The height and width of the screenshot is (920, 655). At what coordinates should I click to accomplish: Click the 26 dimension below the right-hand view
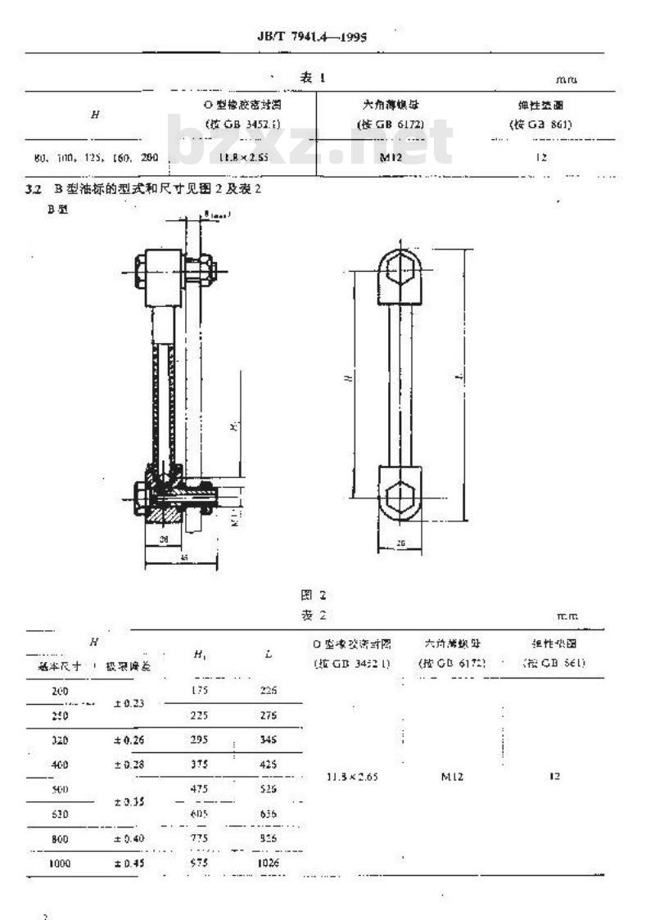[400, 543]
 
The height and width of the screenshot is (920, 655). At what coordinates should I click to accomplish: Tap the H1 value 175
[200, 690]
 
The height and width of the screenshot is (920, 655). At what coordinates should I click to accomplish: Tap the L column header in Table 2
[269, 655]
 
